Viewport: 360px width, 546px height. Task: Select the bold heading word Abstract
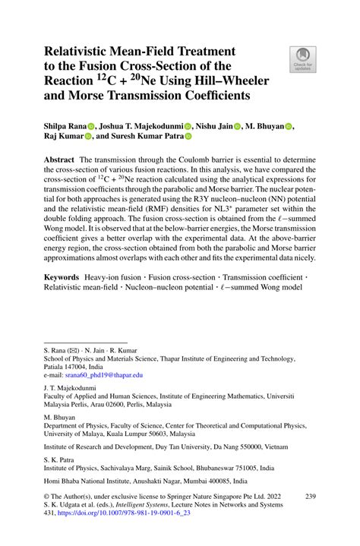click(58, 162)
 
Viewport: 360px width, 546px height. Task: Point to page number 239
click(309, 497)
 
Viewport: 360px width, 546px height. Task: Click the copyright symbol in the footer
click(48, 497)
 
